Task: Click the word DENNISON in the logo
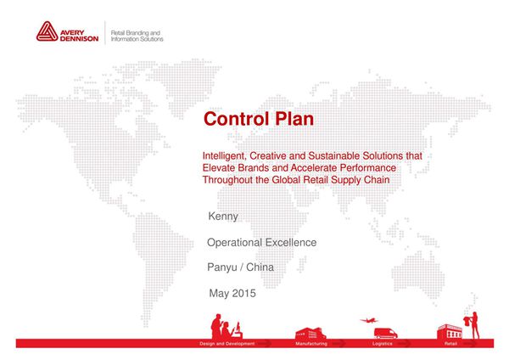click(x=80, y=38)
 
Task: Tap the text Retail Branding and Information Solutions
click(x=137, y=35)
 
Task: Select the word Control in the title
click(x=234, y=119)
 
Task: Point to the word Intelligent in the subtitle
click(x=225, y=157)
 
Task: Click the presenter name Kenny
click(x=223, y=217)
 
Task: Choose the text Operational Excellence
click(x=261, y=243)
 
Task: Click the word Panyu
click(x=223, y=268)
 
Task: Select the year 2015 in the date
click(x=243, y=294)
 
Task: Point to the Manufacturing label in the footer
click(x=311, y=344)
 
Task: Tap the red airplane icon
click(x=367, y=320)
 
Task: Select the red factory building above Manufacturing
click(x=310, y=331)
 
